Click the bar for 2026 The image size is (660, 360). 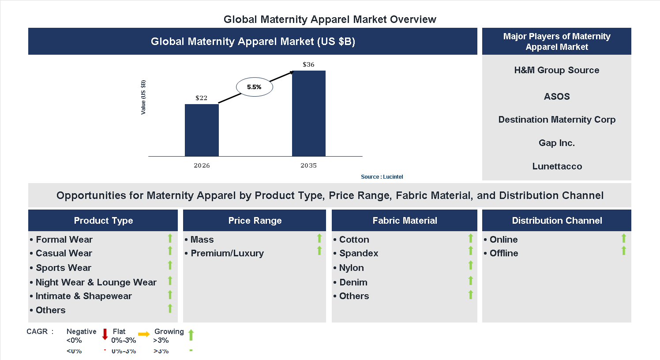pyautogui.click(x=202, y=130)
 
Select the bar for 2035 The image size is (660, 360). pyautogui.click(x=308, y=113)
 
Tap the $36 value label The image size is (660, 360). pyautogui.click(x=308, y=64)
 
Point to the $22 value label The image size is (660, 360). pyautogui.click(x=201, y=98)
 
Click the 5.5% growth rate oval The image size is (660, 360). pyautogui.click(x=254, y=87)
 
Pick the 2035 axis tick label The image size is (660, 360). pyautogui.click(x=308, y=165)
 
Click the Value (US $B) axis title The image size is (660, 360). pyautogui.click(x=143, y=97)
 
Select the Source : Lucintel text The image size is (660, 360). pyautogui.click(x=382, y=177)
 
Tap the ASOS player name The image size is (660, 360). pyautogui.click(x=556, y=97)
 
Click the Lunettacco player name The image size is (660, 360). pyautogui.click(x=557, y=166)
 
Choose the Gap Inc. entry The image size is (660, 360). pyautogui.click(x=556, y=143)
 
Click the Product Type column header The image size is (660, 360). pyautogui.click(x=103, y=221)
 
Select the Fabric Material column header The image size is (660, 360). pyautogui.click(x=405, y=221)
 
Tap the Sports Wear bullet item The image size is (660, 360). pyautogui.click(x=63, y=268)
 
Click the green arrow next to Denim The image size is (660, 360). pyautogui.click(x=471, y=281)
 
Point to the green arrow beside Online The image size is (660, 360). pyautogui.click(x=623, y=239)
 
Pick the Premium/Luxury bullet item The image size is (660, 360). pyautogui.click(x=227, y=253)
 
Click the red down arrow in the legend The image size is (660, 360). pyautogui.click(x=105, y=334)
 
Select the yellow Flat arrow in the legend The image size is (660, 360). pyautogui.click(x=144, y=334)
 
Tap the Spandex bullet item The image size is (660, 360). pyautogui.click(x=358, y=253)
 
